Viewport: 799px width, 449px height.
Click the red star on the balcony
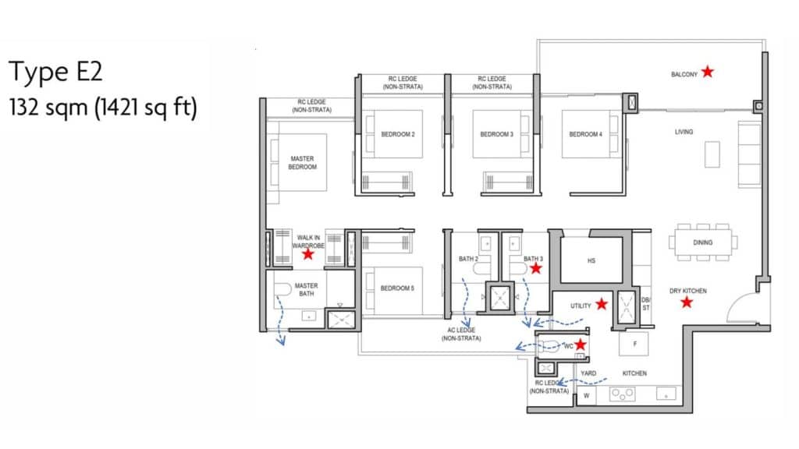click(x=707, y=72)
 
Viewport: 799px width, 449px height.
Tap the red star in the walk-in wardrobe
click(x=307, y=253)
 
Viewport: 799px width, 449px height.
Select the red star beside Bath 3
click(x=535, y=268)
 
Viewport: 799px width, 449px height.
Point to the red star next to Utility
click(x=602, y=304)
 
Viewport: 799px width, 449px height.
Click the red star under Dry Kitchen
click(x=687, y=302)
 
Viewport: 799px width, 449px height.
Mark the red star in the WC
click(x=580, y=345)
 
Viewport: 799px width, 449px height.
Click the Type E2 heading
click(x=55, y=72)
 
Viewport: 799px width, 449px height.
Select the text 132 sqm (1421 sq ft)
click(x=103, y=108)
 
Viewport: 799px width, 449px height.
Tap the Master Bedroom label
click(x=303, y=163)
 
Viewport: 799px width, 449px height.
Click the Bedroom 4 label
click(x=585, y=134)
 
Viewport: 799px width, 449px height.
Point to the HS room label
click(x=591, y=260)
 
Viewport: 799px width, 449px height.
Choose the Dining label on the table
click(x=703, y=243)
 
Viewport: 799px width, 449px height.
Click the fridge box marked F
click(x=634, y=344)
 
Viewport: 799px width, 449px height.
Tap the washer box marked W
click(x=587, y=395)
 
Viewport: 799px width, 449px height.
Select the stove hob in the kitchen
click(x=622, y=394)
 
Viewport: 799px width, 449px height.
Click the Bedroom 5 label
click(x=397, y=288)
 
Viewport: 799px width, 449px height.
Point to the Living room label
click(x=684, y=132)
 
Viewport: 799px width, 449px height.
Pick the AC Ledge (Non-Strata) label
click(x=461, y=334)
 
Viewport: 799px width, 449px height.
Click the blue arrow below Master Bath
click(x=279, y=320)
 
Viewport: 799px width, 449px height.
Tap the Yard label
click(x=588, y=373)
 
